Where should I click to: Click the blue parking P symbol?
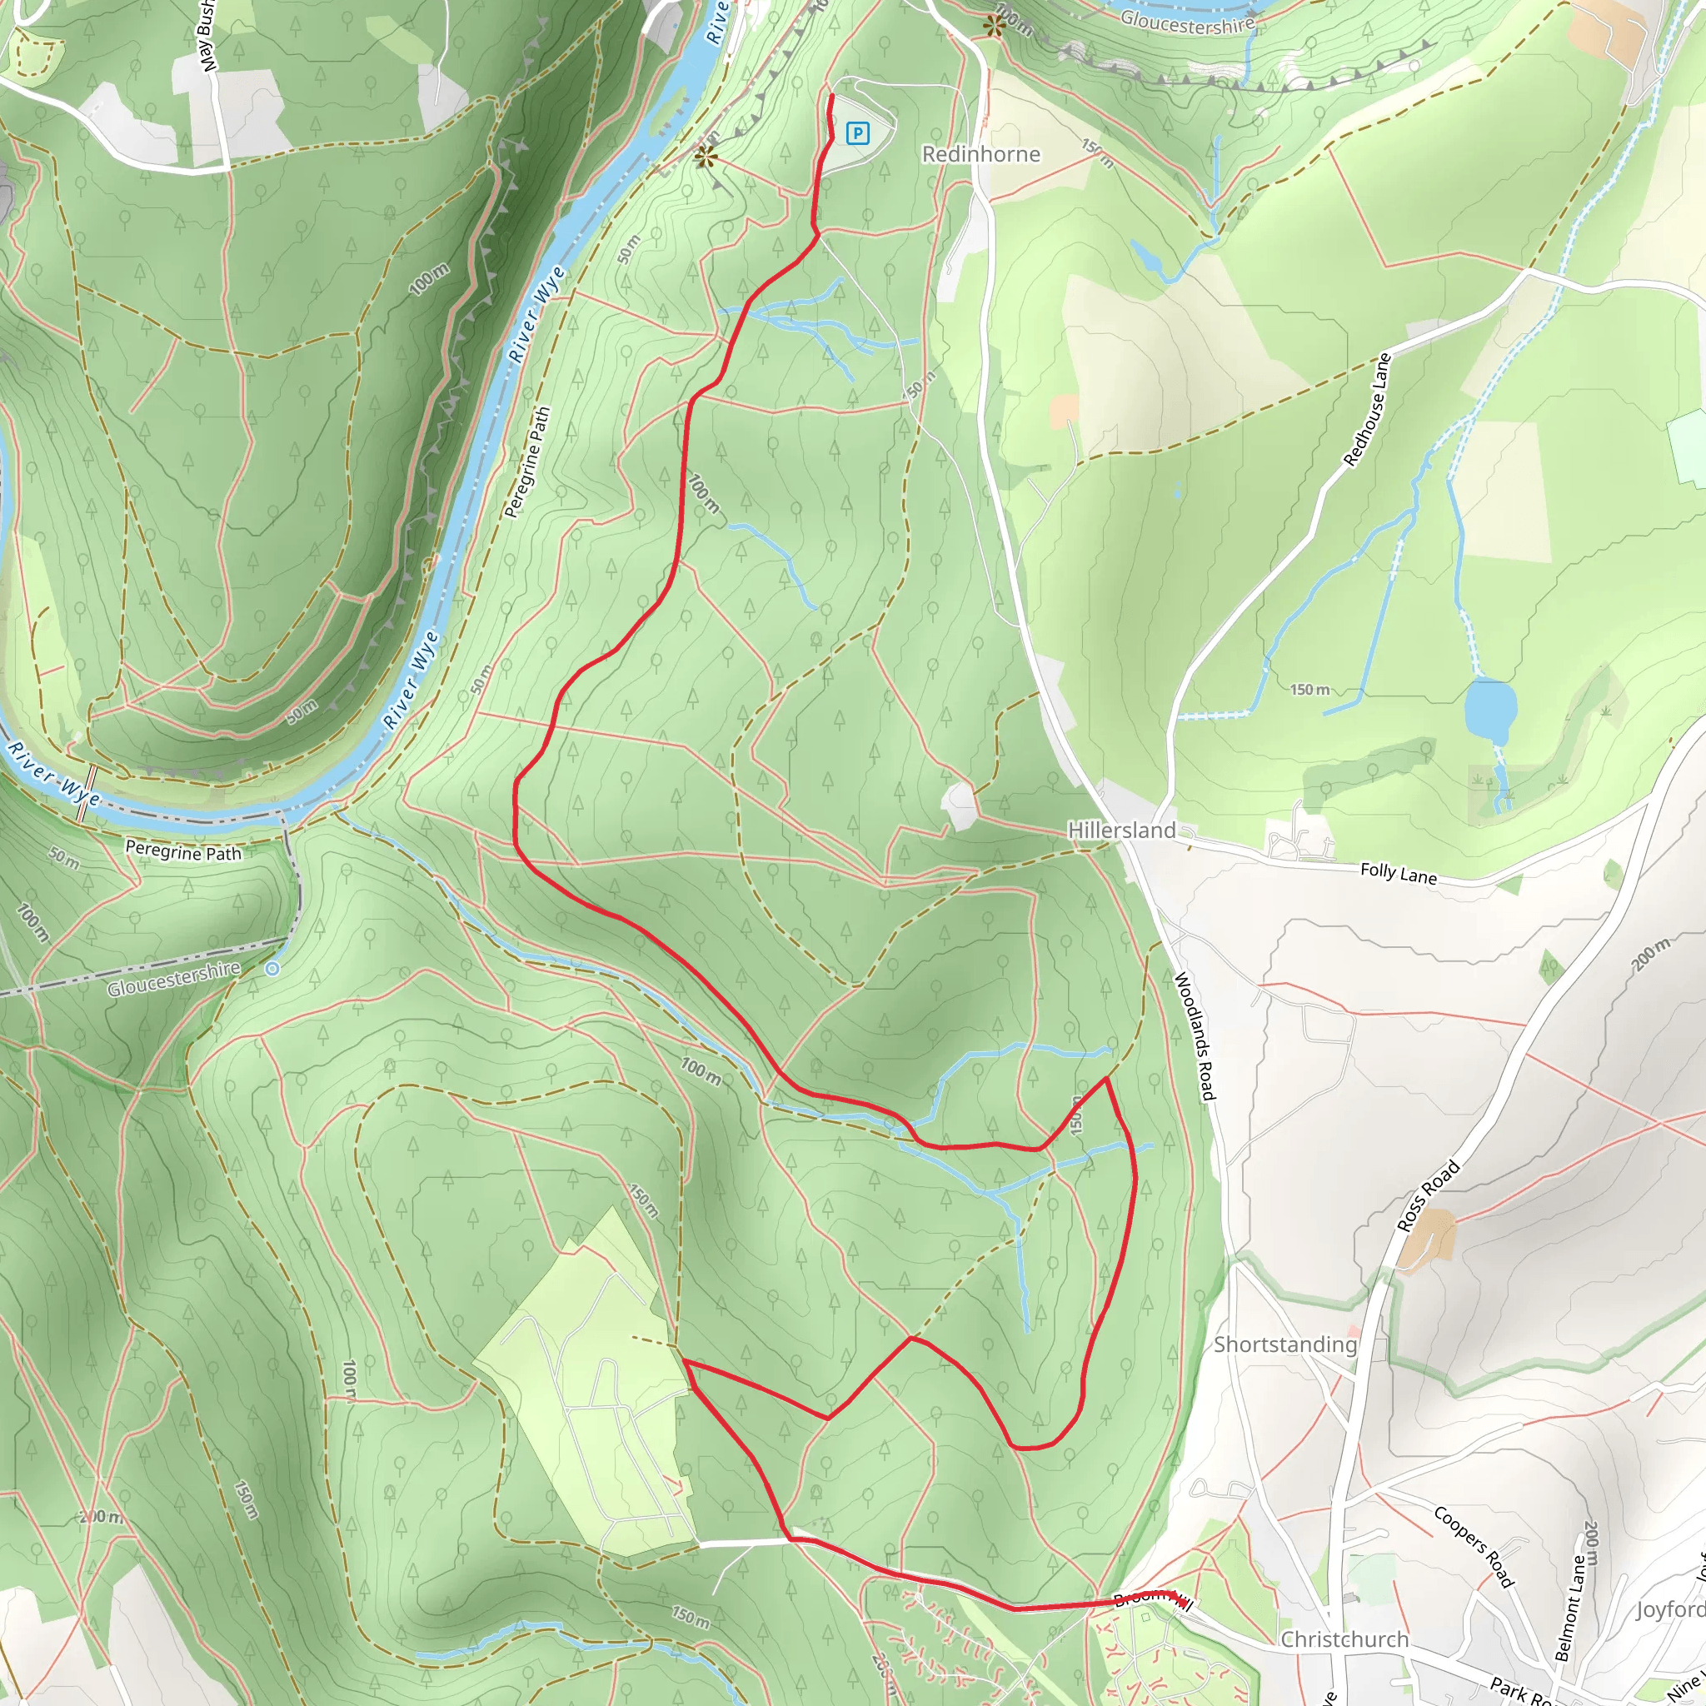point(856,133)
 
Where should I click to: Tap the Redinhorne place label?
point(980,155)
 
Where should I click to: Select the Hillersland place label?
point(1121,830)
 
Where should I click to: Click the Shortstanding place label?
point(1284,1344)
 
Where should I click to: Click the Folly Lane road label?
point(1398,873)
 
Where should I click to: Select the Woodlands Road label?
point(1195,1036)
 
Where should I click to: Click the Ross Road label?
point(1429,1196)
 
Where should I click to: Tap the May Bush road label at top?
point(207,35)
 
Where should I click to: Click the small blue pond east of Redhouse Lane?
point(1489,711)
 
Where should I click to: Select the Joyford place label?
point(1669,1609)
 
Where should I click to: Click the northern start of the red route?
point(832,95)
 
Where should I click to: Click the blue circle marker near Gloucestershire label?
point(272,969)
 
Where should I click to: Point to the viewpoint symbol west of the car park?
point(705,157)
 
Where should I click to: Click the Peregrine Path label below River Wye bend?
point(182,851)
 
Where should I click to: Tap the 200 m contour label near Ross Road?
point(1651,955)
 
